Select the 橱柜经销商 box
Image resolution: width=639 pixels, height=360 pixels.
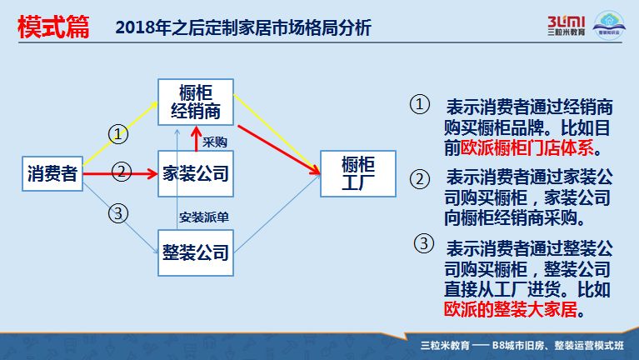[196, 102]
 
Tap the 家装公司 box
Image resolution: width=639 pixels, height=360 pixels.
[196, 173]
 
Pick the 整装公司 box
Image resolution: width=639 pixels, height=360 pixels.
[196, 251]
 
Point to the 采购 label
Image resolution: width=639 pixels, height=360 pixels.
[215, 142]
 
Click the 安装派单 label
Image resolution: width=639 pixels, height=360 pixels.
[204, 217]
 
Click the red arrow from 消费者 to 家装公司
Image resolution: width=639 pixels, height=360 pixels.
[117, 174]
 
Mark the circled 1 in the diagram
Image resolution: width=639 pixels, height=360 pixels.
[119, 133]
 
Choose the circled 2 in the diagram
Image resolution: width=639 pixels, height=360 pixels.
[122, 172]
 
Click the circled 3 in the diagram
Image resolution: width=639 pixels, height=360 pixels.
[119, 213]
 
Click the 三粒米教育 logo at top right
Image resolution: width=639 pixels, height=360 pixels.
[567, 26]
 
